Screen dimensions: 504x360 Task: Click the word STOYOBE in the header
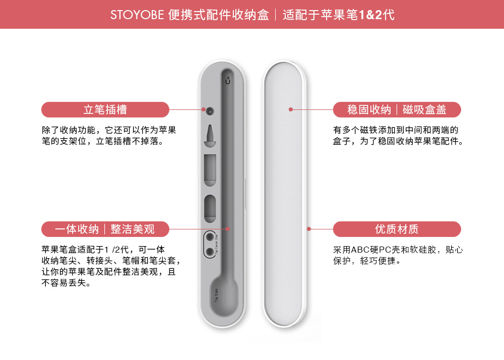pos(137,15)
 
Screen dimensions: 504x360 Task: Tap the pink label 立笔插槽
pos(105,109)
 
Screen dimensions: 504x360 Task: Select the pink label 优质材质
pos(397,229)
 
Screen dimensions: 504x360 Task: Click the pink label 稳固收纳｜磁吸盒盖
pos(397,109)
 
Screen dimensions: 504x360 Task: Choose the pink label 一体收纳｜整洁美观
pos(105,229)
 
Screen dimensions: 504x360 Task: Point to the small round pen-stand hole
pos(210,111)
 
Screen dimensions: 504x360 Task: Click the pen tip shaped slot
pos(210,136)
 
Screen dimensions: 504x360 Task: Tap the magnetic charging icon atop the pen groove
pos(228,80)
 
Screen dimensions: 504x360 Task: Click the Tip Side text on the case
pos(216,295)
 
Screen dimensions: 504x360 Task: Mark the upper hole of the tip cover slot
pos(210,237)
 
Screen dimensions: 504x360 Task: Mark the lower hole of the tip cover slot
pos(210,251)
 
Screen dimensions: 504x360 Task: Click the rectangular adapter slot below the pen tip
pos(210,170)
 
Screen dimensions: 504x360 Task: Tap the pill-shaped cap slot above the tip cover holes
pos(210,208)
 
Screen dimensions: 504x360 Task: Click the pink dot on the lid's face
pos(291,109)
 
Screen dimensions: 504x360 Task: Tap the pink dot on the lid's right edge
pos(309,229)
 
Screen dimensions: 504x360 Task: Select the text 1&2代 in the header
pos(376,15)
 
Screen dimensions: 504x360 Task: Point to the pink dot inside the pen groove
pos(228,229)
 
